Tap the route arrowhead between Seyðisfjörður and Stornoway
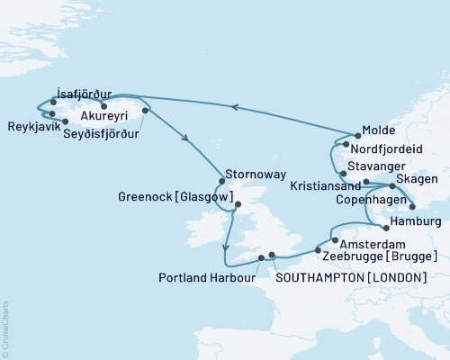(x=186, y=139)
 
